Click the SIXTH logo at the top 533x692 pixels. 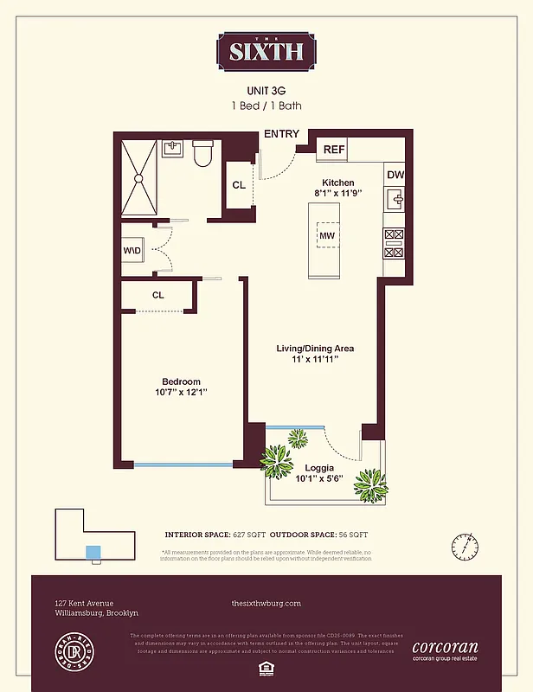pyautogui.click(x=266, y=51)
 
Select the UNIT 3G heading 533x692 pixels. pyautogui.click(x=266, y=90)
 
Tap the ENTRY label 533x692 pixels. pyautogui.click(x=281, y=133)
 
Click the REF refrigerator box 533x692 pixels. pyautogui.click(x=334, y=150)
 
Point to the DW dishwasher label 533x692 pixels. pyautogui.click(x=395, y=175)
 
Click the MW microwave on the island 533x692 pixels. pyautogui.click(x=327, y=235)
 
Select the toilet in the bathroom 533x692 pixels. pyautogui.click(x=202, y=154)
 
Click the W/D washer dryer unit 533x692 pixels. pyautogui.click(x=132, y=252)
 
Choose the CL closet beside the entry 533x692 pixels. pyautogui.click(x=239, y=184)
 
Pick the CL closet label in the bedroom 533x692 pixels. pyautogui.click(x=158, y=295)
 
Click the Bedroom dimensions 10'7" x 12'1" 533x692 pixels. pyautogui.click(x=181, y=394)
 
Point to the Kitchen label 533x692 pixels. pyautogui.click(x=337, y=183)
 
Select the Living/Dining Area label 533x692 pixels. pyautogui.click(x=315, y=349)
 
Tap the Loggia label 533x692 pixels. pyautogui.click(x=320, y=467)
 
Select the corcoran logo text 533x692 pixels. pyautogui.click(x=445, y=647)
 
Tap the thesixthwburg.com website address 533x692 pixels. pyautogui.click(x=266, y=603)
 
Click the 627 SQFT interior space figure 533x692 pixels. pyautogui.click(x=247, y=535)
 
